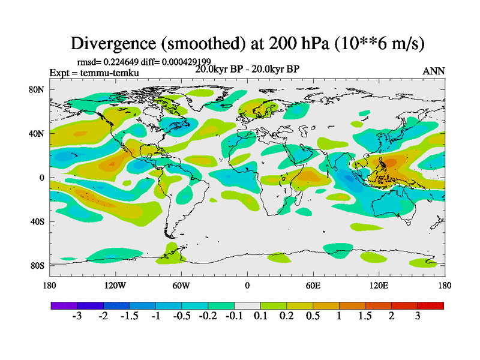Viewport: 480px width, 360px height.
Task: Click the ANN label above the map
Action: tap(434, 71)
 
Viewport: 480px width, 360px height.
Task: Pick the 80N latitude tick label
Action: tap(37, 90)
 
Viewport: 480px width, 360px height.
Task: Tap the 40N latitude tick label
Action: tap(37, 134)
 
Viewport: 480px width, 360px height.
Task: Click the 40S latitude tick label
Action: tap(37, 222)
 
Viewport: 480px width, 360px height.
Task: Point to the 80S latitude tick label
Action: tap(37, 266)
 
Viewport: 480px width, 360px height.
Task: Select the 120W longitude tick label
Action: tap(115, 286)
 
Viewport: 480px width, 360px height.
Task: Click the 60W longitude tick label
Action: tap(181, 286)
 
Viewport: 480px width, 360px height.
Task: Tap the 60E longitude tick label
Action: tap(313, 286)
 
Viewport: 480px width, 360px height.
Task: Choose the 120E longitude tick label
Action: tap(379, 286)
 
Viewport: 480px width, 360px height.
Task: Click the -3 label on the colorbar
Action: tap(76, 316)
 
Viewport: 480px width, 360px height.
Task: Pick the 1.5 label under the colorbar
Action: tap(365, 316)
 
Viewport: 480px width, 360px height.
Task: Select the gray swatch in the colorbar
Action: tap(247, 306)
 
